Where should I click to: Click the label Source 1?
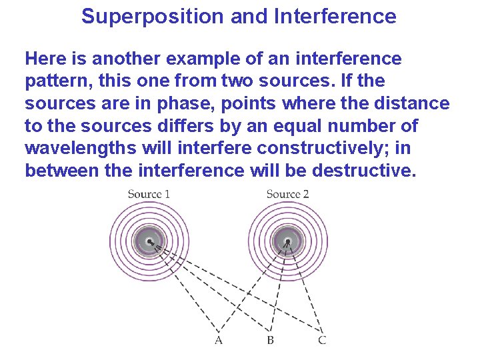tap(149, 194)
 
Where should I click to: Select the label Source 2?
tap(287, 194)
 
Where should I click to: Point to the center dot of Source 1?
tap(150, 241)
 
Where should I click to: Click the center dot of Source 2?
tap(288, 241)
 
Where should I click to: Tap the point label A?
tap(218, 341)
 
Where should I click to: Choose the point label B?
tap(270, 341)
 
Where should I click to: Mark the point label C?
tap(322, 341)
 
